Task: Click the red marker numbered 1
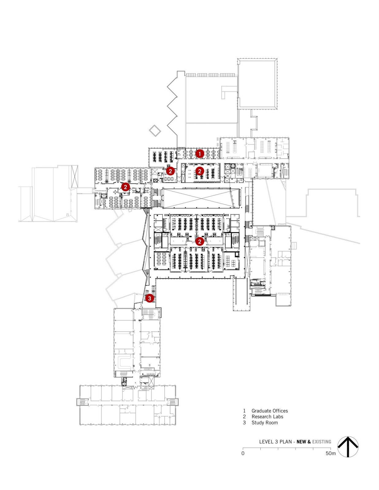(200, 153)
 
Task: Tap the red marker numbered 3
(149, 298)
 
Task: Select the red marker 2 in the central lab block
(200, 241)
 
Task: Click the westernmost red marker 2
(125, 187)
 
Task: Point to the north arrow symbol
(348, 447)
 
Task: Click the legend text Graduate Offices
(270, 411)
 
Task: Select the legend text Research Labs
(267, 417)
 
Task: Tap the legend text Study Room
(264, 423)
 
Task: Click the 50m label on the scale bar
(330, 453)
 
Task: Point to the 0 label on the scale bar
(243, 453)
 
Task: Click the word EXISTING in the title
(322, 442)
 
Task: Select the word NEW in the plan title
(301, 442)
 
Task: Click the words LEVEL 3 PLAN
(275, 442)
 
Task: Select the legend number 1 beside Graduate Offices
(244, 411)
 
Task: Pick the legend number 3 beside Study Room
(244, 423)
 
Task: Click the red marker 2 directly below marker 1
(200, 171)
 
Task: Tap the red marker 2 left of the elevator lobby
(170, 171)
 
